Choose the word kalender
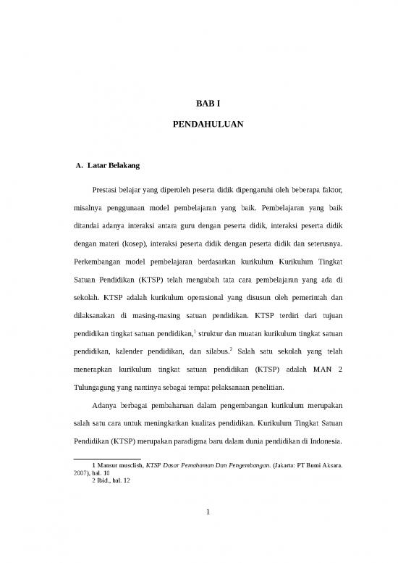135,349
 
